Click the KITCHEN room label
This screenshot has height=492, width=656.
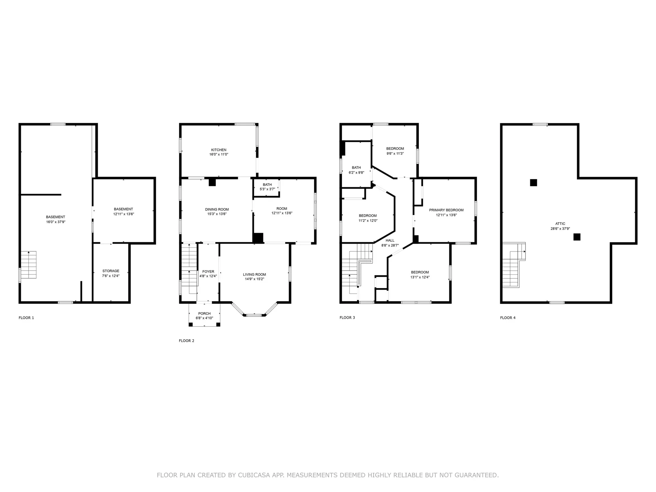(x=219, y=150)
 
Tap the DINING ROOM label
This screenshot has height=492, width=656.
(x=217, y=209)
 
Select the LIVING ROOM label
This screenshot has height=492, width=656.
(x=254, y=274)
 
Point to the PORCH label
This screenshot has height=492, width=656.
(x=204, y=313)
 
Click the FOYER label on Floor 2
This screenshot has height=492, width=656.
(x=208, y=272)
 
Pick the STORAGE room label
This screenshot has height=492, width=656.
(x=111, y=271)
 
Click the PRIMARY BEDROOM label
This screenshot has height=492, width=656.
(x=446, y=210)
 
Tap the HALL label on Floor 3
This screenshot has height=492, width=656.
(x=390, y=241)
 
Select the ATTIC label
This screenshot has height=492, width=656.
(x=560, y=224)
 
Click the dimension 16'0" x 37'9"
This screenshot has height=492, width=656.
(x=55, y=222)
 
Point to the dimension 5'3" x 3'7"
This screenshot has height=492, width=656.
(x=267, y=189)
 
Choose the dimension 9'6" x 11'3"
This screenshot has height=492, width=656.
(x=395, y=153)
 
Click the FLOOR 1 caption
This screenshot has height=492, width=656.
(x=26, y=318)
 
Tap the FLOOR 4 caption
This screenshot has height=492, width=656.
(x=508, y=318)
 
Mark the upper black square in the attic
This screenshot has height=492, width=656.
(x=533, y=182)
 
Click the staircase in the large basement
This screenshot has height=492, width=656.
(x=28, y=265)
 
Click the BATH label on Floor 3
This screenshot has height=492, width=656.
(x=356, y=168)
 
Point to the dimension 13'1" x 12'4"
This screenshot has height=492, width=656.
(x=420, y=277)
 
